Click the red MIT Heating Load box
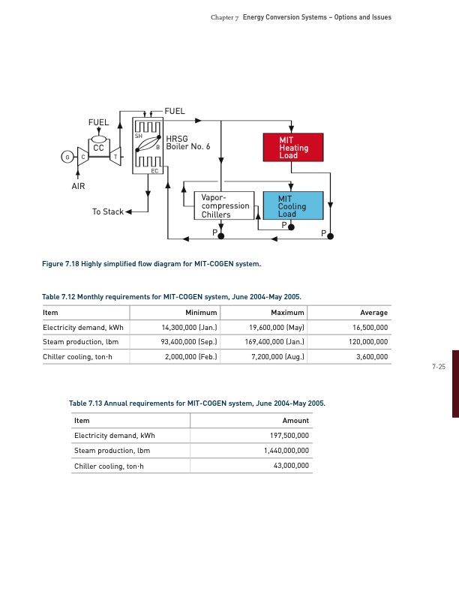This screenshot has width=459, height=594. point(292,148)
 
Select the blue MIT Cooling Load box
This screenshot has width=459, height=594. point(292,206)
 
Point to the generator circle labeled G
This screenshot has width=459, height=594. point(68,156)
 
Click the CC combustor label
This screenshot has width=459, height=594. point(98,148)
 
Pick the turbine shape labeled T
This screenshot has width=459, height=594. point(115,156)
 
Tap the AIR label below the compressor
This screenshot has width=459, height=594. point(78,185)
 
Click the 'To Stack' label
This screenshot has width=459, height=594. point(107,211)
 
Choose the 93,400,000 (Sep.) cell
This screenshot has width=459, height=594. point(190,342)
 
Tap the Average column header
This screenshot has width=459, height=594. point(373,312)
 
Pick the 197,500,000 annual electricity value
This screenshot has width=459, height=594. point(288,436)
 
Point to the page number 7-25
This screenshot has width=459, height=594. point(439,367)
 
